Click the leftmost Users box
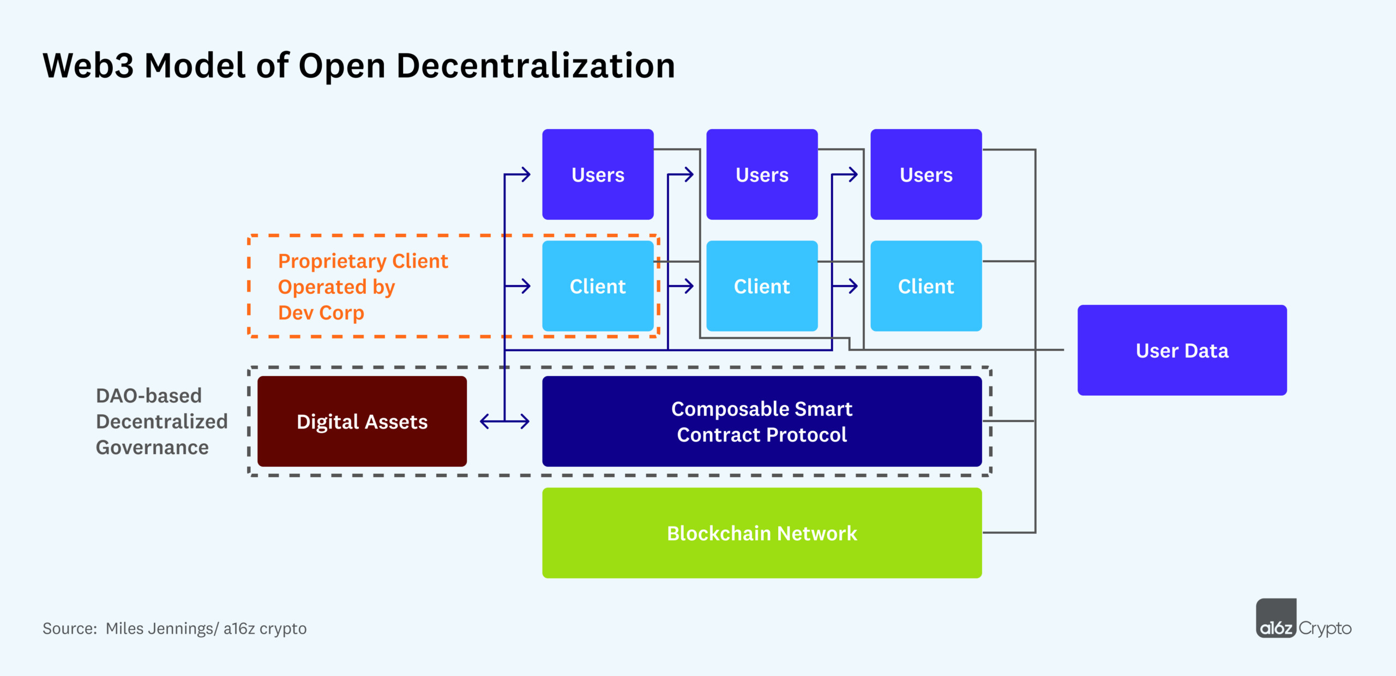[x=598, y=174]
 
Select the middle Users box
[x=762, y=174]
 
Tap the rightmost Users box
[x=926, y=174]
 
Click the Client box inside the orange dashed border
[x=598, y=286]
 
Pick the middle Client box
[x=762, y=286]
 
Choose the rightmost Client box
[x=926, y=286]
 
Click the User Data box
[x=1182, y=350]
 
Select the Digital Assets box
[x=362, y=421]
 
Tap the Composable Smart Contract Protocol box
[x=762, y=421]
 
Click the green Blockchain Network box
[x=762, y=533]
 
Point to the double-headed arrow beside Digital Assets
[x=504, y=421]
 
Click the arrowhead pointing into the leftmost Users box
[x=526, y=174]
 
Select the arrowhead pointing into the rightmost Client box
[x=853, y=286]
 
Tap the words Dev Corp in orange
[x=321, y=313]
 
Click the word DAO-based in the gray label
[x=149, y=396]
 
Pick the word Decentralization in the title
[x=535, y=65]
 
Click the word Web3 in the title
[x=88, y=65]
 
